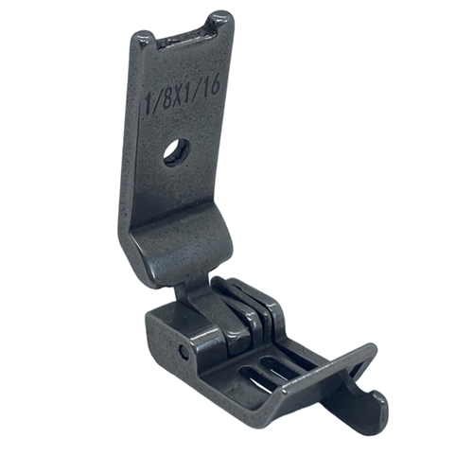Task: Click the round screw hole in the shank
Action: [176, 152]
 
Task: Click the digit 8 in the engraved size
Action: [168, 98]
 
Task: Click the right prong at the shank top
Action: [219, 26]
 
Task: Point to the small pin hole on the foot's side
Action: [183, 352]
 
